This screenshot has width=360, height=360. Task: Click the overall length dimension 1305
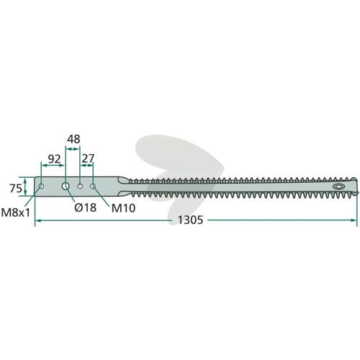[x=190, y=220]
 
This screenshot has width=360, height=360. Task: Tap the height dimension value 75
[x=16, y=189]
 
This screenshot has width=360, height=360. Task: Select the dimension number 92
[x=54, y=159]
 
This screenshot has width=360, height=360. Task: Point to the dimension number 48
[x=73, y=139]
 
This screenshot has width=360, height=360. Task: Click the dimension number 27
[x=88, y=158]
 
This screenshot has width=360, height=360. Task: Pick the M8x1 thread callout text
[x=16, y=212]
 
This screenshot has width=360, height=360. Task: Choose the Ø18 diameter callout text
[x=86, y=207]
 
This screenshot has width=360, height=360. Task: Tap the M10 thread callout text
[x=123, y=208]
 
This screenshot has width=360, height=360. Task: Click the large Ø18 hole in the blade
[x=66, y=186]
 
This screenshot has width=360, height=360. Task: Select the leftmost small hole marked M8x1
[x=41, y=186]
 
